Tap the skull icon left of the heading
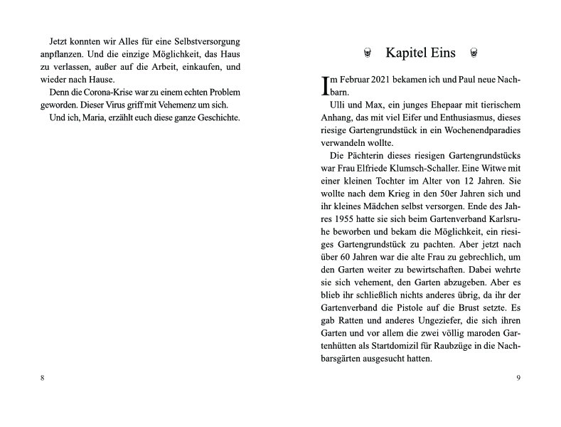pyautogui.click(x=367, y=53)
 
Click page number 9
pyautogui.click(x=518, y=377)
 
